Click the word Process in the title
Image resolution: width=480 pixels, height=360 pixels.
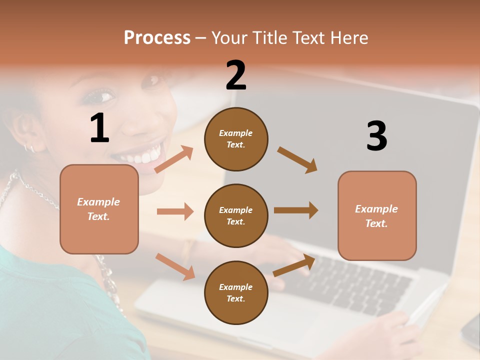(157, 38)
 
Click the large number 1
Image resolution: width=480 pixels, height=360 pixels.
(99, 128)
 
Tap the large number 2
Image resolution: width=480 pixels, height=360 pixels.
(236, 75)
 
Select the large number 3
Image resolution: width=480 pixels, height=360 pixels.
(376, 136)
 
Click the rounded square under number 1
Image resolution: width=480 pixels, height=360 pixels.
(99, 209)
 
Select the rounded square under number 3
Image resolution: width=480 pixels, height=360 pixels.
(377, 216)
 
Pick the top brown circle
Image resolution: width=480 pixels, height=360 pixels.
(236, 139)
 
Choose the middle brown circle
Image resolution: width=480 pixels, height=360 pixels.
(236, 216)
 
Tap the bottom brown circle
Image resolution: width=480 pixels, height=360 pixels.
(236, 293)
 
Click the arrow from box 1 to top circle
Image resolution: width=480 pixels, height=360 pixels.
(173, 159)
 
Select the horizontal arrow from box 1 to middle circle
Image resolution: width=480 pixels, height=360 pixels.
(175, 211)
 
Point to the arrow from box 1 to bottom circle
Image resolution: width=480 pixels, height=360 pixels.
(175, 266)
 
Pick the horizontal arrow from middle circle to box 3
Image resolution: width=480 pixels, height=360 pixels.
(295, 210)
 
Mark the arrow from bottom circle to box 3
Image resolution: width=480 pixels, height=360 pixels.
(294, 265)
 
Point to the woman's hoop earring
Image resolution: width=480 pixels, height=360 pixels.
(29, 147)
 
